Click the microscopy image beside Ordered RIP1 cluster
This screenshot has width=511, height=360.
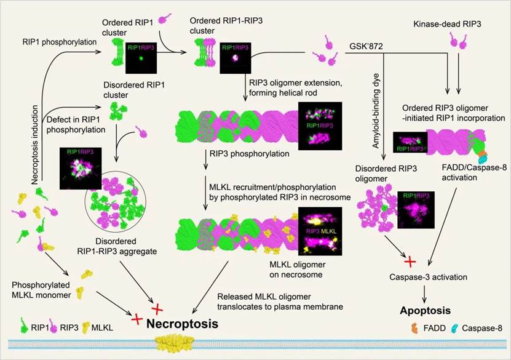click(x=141, y=51)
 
